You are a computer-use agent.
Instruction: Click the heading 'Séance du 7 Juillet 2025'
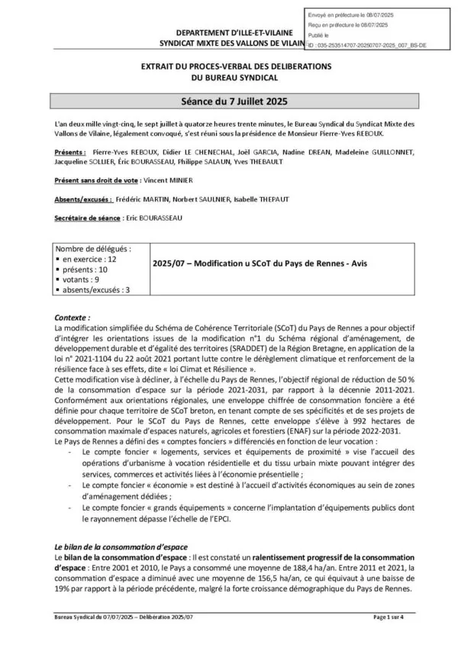(228, 101)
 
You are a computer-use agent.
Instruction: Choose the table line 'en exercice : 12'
(89, 260)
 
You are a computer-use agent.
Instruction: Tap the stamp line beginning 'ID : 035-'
(366, 45)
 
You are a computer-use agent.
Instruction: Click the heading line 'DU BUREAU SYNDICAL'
(228, 78)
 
